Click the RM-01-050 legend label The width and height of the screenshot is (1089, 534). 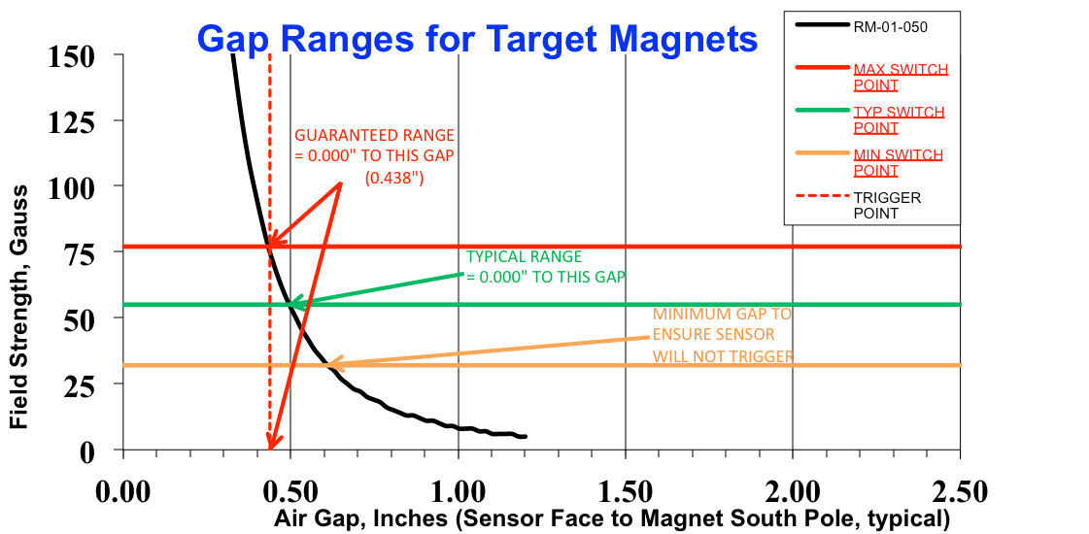coord(890,27)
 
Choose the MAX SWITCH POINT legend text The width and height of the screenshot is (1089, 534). coord(900,77)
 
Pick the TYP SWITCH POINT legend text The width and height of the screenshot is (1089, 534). coord(898,119)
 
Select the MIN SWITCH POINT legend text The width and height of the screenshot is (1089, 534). coord(898,162)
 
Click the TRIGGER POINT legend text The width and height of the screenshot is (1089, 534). coord(886,205)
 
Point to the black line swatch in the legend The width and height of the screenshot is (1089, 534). coord(821,25)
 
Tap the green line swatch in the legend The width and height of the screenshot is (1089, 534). coord(821,111)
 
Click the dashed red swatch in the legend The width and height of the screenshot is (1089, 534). coord(821,196)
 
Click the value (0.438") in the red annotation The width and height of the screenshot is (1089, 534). coord(394,179)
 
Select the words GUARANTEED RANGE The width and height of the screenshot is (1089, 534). coord(374,135)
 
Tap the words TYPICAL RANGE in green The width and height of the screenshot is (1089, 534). coord(525,257)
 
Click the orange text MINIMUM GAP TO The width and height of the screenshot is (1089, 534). coord(722,315)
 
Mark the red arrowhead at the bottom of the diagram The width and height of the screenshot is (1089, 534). coord(274,441)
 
